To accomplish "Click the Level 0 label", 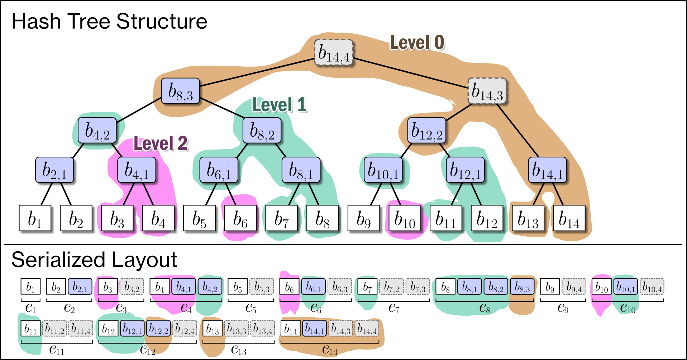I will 417,42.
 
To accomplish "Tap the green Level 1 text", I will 280,105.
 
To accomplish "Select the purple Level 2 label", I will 161,143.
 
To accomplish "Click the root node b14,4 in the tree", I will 334,53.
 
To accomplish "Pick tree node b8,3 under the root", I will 180,91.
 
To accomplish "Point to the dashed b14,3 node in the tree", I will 487,91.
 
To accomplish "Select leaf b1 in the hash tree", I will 35,218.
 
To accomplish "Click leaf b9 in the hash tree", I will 364,218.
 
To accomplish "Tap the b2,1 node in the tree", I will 54,170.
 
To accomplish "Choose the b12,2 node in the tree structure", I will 427,131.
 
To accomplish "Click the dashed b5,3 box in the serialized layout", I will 262,286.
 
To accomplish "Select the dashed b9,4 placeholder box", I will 574,286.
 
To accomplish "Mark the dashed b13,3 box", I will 236,328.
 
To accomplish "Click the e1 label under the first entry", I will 30,308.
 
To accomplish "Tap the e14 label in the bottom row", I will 330,349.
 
